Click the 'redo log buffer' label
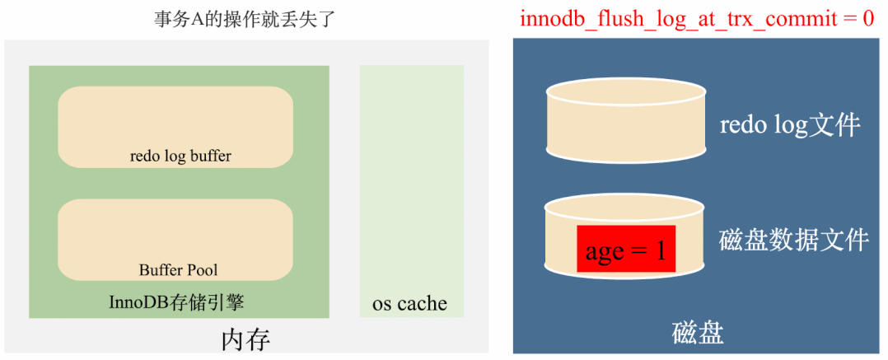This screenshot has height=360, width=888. [180, 156]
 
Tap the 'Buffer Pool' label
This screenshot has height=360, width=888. [178, 269]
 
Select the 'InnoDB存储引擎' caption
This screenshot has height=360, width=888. [176, 302]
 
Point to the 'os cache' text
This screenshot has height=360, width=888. [409, 303]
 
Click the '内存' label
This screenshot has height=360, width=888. [245, 339]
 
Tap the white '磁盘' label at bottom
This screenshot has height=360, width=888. [698, 333]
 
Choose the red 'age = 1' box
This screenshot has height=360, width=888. [625, 249]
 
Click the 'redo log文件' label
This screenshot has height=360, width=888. [789, 125]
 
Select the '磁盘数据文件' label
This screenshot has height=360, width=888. [793, 240]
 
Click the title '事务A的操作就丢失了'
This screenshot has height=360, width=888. [245, 19]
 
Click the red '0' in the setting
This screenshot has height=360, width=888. [867, 18]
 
